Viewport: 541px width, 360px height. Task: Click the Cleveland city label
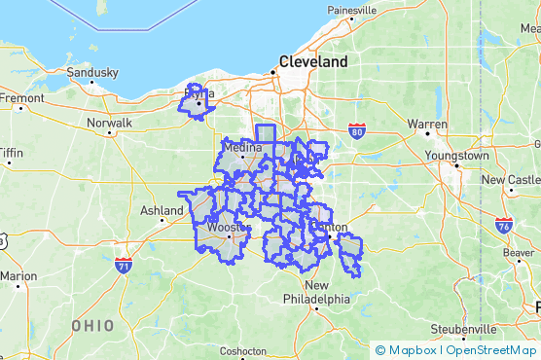pos(312,61)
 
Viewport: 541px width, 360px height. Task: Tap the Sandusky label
pos(91,73)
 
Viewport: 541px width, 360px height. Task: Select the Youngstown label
pos(461,156)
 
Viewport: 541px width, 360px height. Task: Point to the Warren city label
pos(427,125)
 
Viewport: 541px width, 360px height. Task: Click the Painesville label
pos(352,11)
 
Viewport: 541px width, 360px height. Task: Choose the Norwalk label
pos(108,124)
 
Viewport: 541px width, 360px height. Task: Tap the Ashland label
pos(162,210)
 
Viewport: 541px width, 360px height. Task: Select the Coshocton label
pos(242,350)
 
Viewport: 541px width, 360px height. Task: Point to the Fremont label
pos(21,98)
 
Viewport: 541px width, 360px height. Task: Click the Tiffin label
pos(12,153)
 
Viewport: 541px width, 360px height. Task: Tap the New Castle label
pos(511,180)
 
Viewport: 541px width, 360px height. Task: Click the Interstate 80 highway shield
pos(357,129)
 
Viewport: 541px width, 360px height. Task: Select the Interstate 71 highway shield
pos(124,264)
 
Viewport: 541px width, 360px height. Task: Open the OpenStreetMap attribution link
pos(491,350)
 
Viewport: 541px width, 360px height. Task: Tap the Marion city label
pos(17,276)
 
